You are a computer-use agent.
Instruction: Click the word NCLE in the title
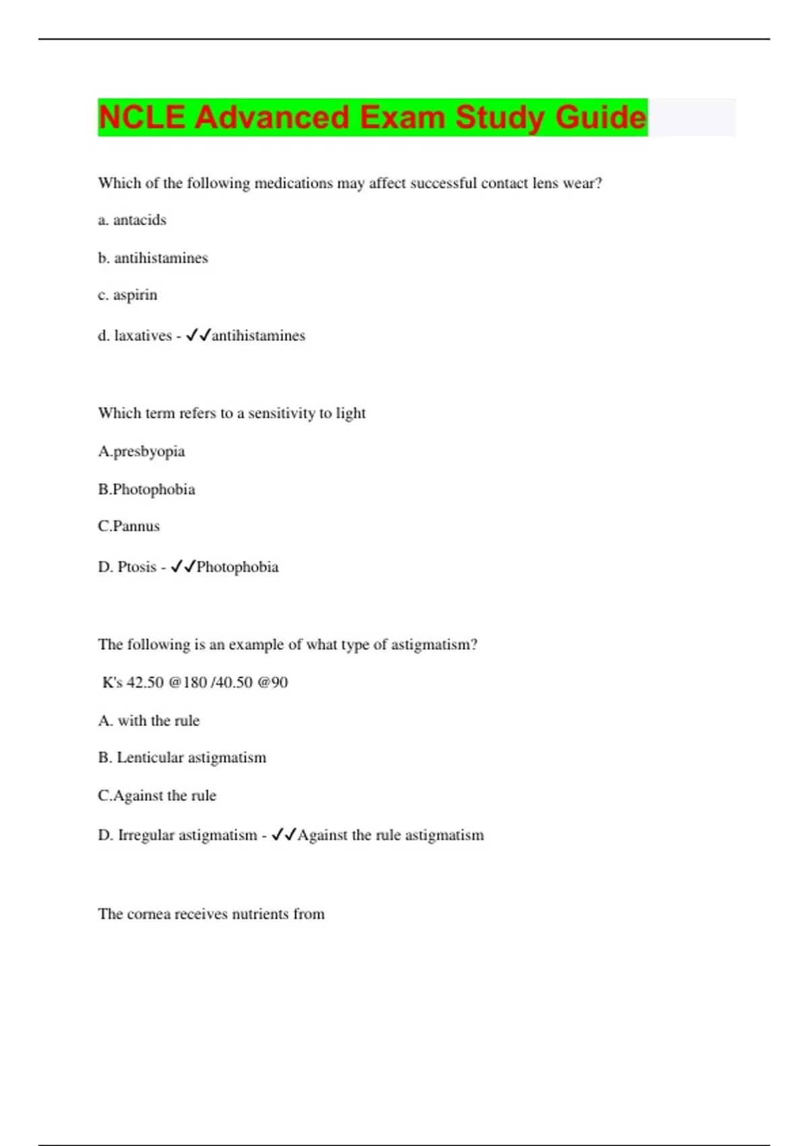coord(142,117)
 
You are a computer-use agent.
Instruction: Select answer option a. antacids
coord(132,220)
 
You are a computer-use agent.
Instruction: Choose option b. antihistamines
coord(153,258)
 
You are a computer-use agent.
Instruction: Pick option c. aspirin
coord(127,295)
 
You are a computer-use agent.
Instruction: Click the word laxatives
coord(143,335)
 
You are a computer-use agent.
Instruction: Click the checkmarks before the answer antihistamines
coord(198,335)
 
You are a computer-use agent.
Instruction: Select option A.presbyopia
coord(141,451)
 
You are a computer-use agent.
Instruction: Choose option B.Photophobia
coord(146,489)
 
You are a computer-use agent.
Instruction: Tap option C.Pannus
coord(129,526)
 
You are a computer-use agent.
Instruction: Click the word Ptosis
coord(137,566)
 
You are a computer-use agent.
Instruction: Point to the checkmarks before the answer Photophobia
coord(183,566)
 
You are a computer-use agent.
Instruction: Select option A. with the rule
coord(149,720)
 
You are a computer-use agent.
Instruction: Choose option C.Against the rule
coord(157,795)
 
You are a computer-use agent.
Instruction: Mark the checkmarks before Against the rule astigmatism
coord(283,835)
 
